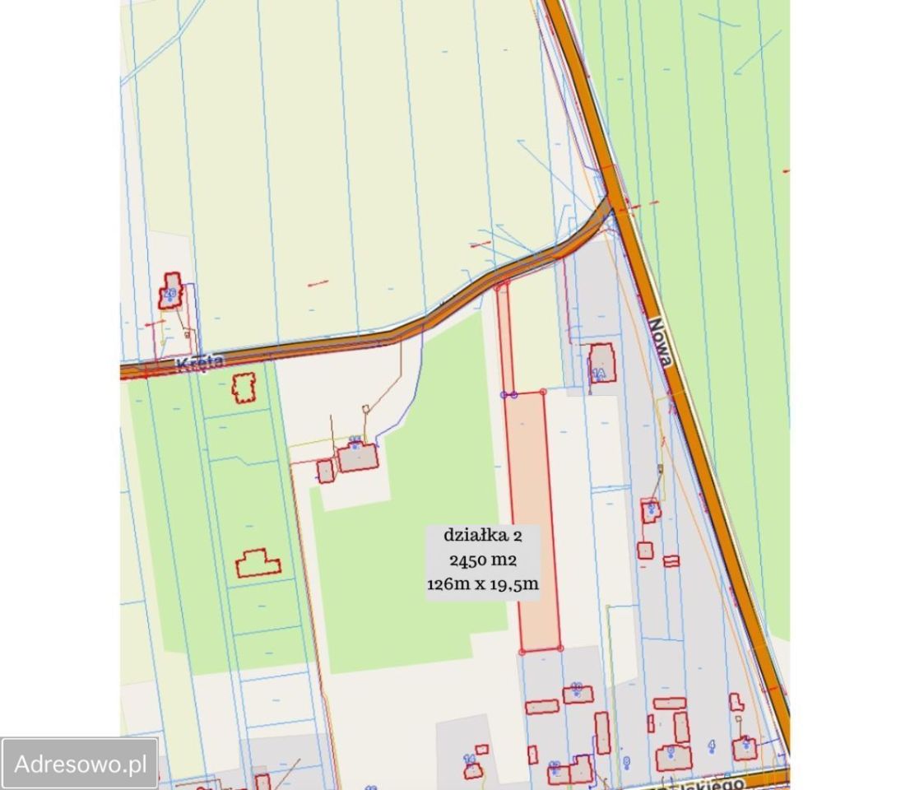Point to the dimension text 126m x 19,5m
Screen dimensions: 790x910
(x=482, y=584)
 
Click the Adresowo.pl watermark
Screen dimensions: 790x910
(x=79, y=763)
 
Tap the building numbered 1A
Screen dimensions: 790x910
(x=602, y=363)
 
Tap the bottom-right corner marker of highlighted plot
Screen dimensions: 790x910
(x=560, y=648)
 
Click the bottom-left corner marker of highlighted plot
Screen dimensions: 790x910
(x=522, y=651)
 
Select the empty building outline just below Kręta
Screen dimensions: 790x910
(x=244, y=388)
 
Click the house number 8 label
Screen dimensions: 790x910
(x=627, y=762)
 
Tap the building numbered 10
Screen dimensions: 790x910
(x=578, y=693)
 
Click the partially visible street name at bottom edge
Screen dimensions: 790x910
(x=724, y=782)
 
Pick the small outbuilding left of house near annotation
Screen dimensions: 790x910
(x=326, y=471)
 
